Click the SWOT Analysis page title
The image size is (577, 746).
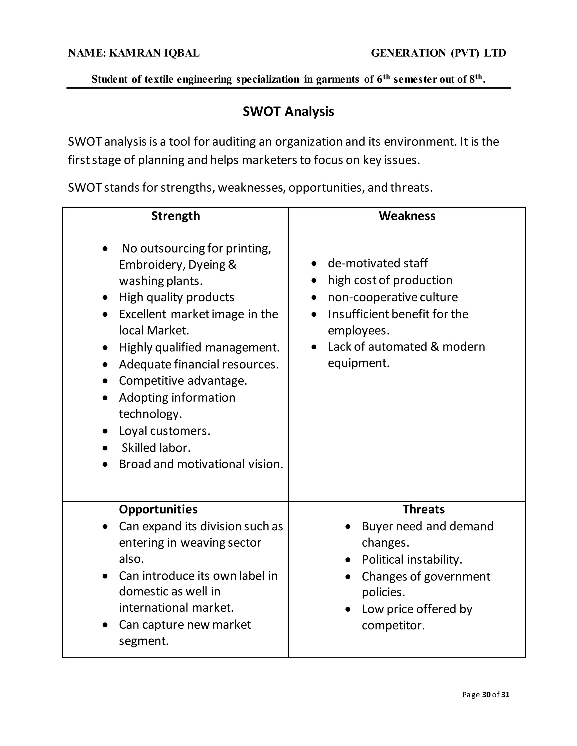pyautogui.click(x=288, y=112)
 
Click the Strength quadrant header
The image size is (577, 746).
pyautogui.click(x=175, y=216)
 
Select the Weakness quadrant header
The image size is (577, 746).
pyautogui.click(x=407, y=216)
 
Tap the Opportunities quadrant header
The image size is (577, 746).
pyautogui.click(x=158, y=509)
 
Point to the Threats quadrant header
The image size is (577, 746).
pyautogui.click(x=423, y=509)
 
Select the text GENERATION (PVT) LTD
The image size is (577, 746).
pyautogui.click(x=438, y=53)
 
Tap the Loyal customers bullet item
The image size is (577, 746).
pyautogui.click(x=165, y=431)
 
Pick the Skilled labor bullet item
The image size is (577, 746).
pyautogui.click(x=156, y=448)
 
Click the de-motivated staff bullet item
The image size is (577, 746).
pyautogui.click(x=378, y=263)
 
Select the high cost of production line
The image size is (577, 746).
pyautogui.click(x=390, y=280)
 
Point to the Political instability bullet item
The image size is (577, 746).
pyautogui.click(x=412, y=560)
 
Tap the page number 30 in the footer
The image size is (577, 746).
pyautogui.click(x=486, y=694)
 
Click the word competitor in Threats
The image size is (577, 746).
pyautogui.click(x=393, y=626)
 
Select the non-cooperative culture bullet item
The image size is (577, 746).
pyautogui.click(x=392, y=297)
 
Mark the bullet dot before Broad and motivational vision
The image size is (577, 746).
pyautogui.click(x=105, y=464)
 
